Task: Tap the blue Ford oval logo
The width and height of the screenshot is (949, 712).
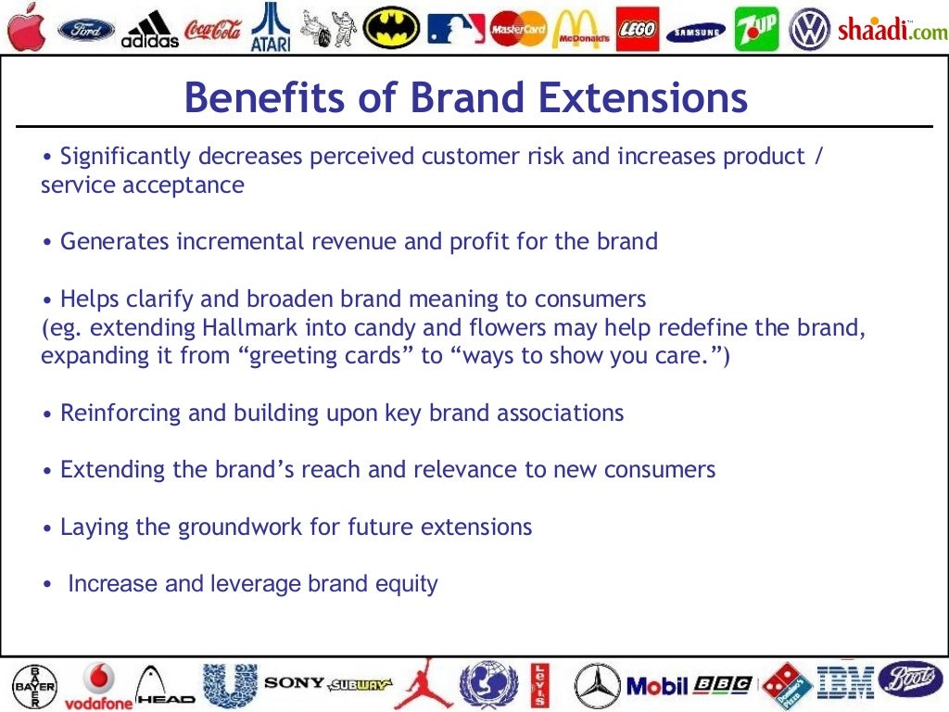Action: point(86,30)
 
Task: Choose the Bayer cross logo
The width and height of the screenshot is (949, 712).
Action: point(33,686)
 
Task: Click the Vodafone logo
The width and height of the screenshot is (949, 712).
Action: point(98,686)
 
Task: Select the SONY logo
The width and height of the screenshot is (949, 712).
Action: point(294,683)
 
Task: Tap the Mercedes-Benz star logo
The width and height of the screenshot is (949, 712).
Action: point(597,686)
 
